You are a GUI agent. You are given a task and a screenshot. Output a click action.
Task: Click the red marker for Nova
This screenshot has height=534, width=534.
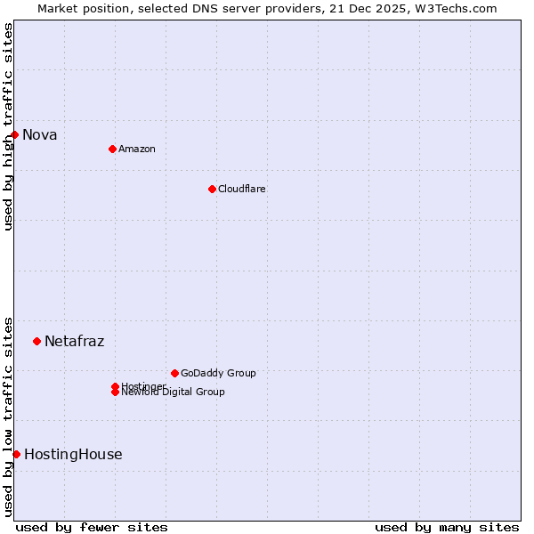(15, 134)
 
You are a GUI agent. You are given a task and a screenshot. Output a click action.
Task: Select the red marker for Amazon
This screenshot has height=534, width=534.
(112, 149)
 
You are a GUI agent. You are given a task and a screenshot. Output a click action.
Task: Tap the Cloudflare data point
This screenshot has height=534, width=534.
(212, 189)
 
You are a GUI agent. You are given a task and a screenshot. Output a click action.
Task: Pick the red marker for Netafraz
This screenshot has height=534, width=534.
(36, 341)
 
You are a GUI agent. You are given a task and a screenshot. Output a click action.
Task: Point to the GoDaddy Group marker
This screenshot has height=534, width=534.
(174, 373)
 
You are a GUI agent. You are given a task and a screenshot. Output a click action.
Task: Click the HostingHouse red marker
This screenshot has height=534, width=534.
(16, 454)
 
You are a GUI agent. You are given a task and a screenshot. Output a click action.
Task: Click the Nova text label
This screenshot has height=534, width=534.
(40, 135)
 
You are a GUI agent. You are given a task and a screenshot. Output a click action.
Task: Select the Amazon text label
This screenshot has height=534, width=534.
(136, 149)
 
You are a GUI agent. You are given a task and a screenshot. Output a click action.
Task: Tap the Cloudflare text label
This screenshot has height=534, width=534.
(241, 189)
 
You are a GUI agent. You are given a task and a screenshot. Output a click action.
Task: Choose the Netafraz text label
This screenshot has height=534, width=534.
(74, 341)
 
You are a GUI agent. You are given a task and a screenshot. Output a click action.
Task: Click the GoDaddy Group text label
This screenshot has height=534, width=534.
(218, 373)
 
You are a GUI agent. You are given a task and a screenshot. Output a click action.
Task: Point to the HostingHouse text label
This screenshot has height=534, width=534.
(73, 454)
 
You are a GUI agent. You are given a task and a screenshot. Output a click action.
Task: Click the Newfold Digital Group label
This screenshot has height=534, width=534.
(173, 392)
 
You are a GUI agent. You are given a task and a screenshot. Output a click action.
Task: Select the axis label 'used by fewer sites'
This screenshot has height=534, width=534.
(92, 528)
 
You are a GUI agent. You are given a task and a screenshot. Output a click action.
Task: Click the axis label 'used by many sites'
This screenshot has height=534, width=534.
(447, 528)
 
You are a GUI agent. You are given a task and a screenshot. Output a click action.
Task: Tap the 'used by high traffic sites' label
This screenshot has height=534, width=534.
(8, 127)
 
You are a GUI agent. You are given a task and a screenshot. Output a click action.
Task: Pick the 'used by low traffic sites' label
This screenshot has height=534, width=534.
(8, 416)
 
